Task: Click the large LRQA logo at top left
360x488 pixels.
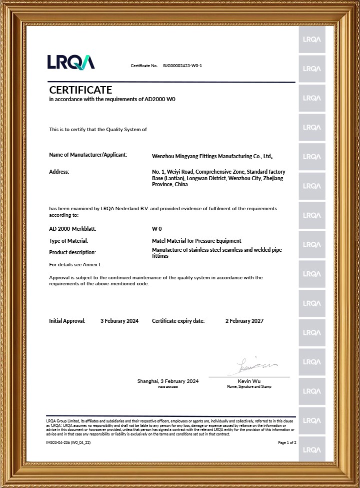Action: click(70, 62)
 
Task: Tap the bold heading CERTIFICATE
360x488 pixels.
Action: click(80, 90)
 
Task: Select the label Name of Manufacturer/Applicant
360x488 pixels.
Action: click(88, 155)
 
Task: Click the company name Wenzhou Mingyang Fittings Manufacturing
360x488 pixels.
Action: click(212, 157)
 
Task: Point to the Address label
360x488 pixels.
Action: click(59, 172)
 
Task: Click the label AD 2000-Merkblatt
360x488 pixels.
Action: click(72, 228)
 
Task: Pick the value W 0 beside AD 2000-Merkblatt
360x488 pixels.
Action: click(156, 228)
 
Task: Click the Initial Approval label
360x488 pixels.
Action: click(67, 321)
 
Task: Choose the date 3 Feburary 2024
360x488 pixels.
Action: click(119, 321)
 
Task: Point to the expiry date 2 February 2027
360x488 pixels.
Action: click(244, 321)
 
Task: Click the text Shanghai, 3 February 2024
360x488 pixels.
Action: click(168, 381)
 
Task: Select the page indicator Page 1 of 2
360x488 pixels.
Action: click(287, 442)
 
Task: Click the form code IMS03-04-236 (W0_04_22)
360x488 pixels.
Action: click(68, 442)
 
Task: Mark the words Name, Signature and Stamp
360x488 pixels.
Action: click(249, 386)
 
